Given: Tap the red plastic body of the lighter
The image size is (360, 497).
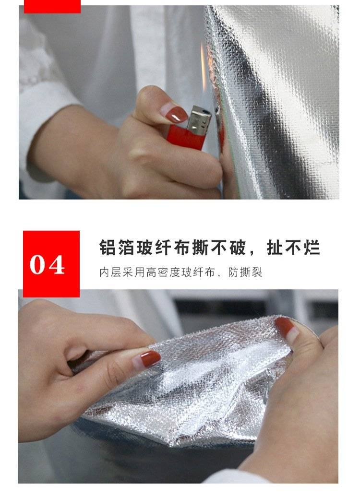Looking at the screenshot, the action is (x=186, y=137).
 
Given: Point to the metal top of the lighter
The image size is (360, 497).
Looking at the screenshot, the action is (x=199, y=119).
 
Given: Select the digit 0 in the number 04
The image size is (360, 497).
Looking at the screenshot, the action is (x=38, y=265).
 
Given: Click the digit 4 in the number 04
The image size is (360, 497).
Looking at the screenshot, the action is (x=57, y=265).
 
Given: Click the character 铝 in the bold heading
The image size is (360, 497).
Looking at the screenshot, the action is (x=108, y=247).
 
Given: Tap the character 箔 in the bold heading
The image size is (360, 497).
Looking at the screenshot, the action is (x=126, y=247).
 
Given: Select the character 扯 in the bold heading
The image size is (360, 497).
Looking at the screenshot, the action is (x=275, y=247).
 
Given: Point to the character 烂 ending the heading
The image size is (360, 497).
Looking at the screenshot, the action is (x=312, y=247).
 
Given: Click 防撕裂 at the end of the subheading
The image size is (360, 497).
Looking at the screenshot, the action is (x=245, y=272).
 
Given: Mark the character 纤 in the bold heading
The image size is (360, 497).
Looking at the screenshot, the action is (x=164, y=247).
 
